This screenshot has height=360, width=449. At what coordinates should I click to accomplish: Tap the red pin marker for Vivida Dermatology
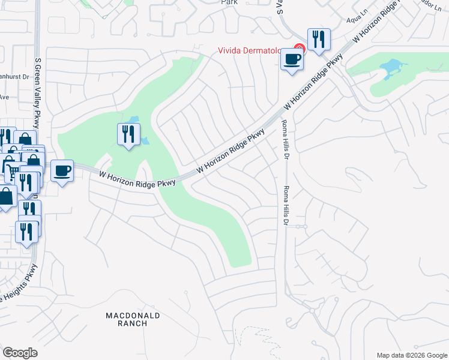300,48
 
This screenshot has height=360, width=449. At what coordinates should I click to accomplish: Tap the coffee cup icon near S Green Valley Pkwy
62,172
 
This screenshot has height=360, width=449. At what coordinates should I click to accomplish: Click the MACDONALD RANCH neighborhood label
133,319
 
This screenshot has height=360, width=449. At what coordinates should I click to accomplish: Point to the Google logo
20,353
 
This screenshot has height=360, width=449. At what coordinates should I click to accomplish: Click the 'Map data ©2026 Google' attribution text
412,355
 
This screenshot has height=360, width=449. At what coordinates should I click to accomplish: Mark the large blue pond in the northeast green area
391,68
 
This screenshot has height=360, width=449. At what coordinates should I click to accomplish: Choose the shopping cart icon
11,172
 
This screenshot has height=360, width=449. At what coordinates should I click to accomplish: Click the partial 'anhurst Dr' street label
14,77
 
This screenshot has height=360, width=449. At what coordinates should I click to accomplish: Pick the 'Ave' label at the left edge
4,97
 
